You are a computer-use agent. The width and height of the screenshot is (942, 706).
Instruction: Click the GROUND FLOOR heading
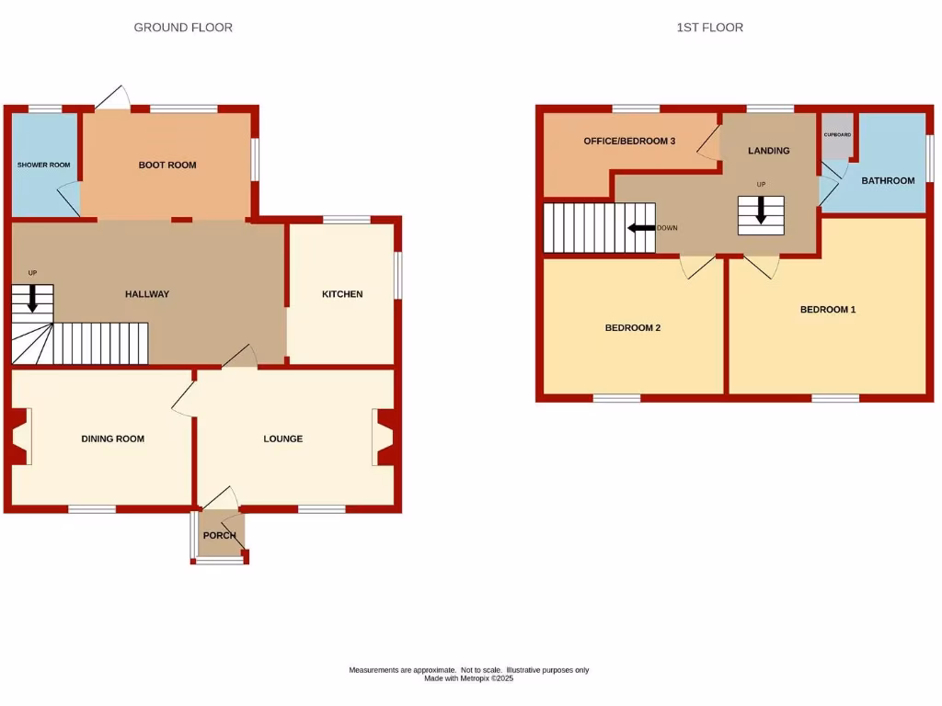coord(183,28)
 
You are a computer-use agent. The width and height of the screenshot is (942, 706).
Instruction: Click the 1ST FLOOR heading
coord(709,28)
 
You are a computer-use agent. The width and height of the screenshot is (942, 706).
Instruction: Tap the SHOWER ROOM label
coord(43,165)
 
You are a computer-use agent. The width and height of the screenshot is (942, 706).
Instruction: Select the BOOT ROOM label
coord(167,165)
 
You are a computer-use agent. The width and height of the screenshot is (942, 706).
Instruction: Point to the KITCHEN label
coord(341,294)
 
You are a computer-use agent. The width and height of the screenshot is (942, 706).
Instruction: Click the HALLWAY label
coord(147,294)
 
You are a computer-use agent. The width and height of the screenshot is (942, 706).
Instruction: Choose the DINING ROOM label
coord(112,438)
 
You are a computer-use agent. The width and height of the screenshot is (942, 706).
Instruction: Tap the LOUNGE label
coord(282,438)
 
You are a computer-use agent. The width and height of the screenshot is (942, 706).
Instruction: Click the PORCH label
coord(220,535)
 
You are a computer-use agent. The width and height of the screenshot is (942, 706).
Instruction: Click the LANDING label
coord(768,151)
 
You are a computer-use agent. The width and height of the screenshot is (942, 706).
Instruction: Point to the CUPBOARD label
coord(837,135)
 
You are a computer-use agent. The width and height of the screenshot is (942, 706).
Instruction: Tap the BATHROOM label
coord(888,180)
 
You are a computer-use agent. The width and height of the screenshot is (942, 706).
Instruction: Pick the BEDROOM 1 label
coord(827,310)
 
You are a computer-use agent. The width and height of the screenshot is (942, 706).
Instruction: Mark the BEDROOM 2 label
coord(632,328)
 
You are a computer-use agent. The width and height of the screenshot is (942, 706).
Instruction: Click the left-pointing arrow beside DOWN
coord(641,228)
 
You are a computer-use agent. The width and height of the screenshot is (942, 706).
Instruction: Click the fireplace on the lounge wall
coord(384,438)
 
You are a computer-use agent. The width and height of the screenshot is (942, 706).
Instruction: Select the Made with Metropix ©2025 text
coord(468,678)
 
